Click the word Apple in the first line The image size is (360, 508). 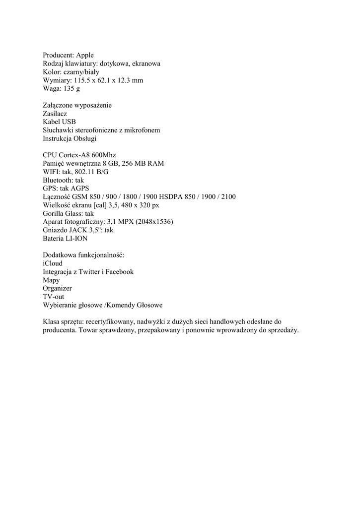(x=84, y=55)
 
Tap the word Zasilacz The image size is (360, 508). (x=55, y=114)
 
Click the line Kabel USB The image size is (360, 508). (x=59, y=122)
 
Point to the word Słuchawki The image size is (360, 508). (x=59, y=130)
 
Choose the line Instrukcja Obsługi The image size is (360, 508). (x=70, y=138)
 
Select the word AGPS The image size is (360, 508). (x=79, y=189)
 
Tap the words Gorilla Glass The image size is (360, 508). (x=63, y=213)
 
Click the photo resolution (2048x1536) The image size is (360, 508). (x=150, y=222)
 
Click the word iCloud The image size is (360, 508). (x=53, y=263)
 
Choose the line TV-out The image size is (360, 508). (x=53, y=297)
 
